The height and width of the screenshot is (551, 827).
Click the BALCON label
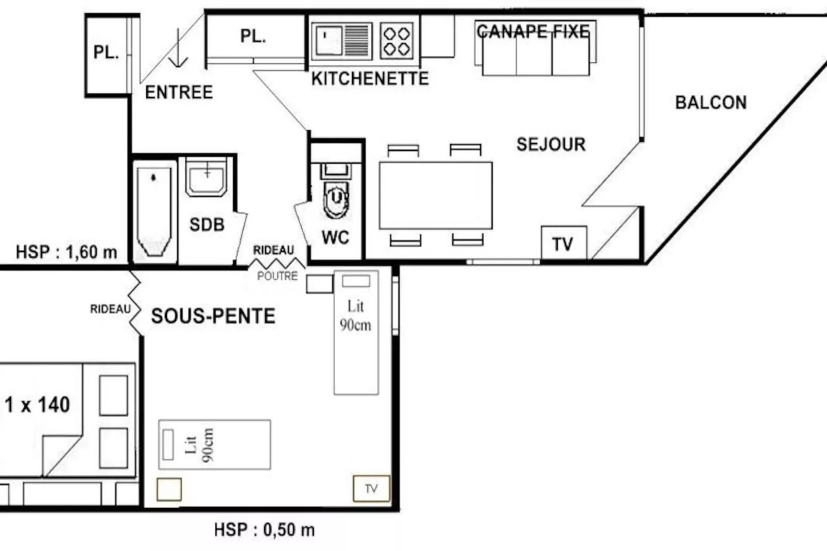pyautogui.click(x=711, y=102)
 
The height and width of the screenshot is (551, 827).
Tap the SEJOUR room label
pyautogui.click(x=551, y=144)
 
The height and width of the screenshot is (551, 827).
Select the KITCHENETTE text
pyautogui.click(x=370, y=78)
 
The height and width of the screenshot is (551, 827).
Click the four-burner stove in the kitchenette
pyautogui.click(x=397, y=41)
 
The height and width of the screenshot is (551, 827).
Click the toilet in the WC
pyautogui.click(x=336, y=197)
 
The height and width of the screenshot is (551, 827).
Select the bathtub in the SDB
pyautogui.click(x=154, y=211)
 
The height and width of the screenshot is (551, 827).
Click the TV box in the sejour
pyautogui.click(x=563, y=243)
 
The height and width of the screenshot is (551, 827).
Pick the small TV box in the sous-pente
pyautogui.click(x=371, y=488)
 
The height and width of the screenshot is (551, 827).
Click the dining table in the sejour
pyautogui.click(x=436, y=196)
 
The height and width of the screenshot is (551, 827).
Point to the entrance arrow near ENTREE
pyautogui.click(x=178, y=49)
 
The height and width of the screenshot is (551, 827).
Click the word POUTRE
pyautogui.click(x=278, y=276)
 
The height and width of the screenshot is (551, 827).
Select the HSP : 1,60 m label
pyautogui.click(x=66, y=252)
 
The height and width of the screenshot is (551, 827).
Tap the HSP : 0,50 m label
pyautogui.click(x=264, y=529)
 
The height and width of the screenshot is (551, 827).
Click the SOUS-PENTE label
pyautogui.click(x=213, y=316)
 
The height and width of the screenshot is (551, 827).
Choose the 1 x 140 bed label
pyautogui.click(x=38, y=405)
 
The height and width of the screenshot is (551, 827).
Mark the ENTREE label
pyautogui.click(x=179, y=92)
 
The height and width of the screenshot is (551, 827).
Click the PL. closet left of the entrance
pyautogui.click(x=106, y=53)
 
